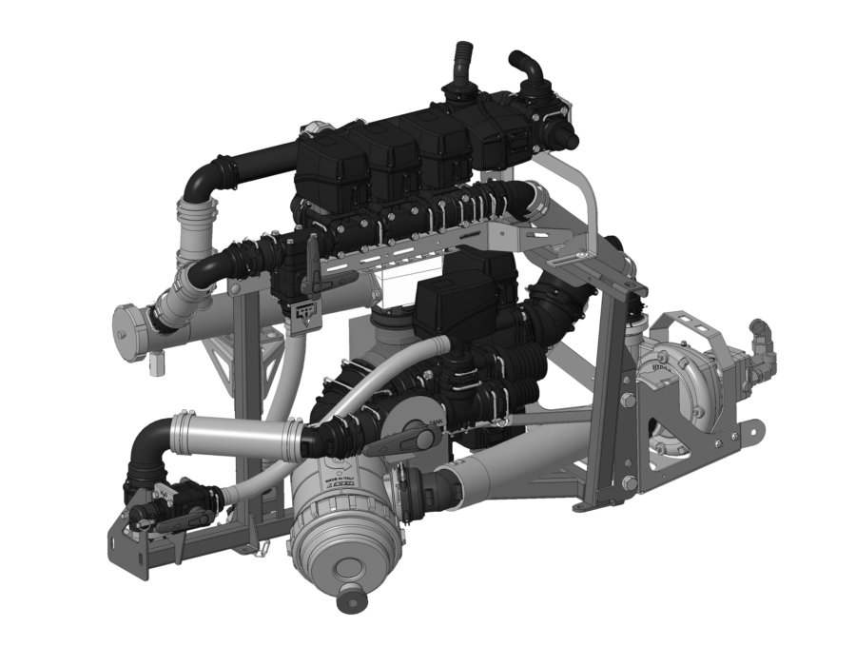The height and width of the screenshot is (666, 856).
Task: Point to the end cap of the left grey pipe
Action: click(x=128, y=323)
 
